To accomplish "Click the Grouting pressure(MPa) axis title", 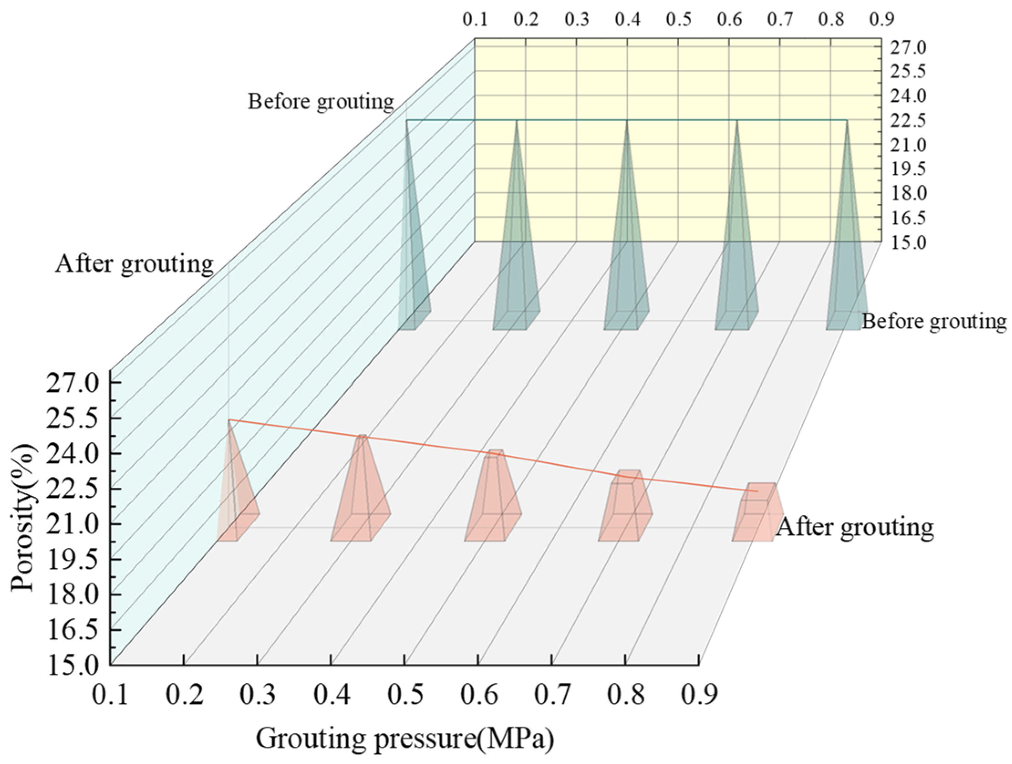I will (404, 738).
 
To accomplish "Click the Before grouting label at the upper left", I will (321, 102).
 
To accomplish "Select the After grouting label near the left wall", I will (134, 264).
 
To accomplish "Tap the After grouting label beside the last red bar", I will (855, 527).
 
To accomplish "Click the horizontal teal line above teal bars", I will (572, 120).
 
